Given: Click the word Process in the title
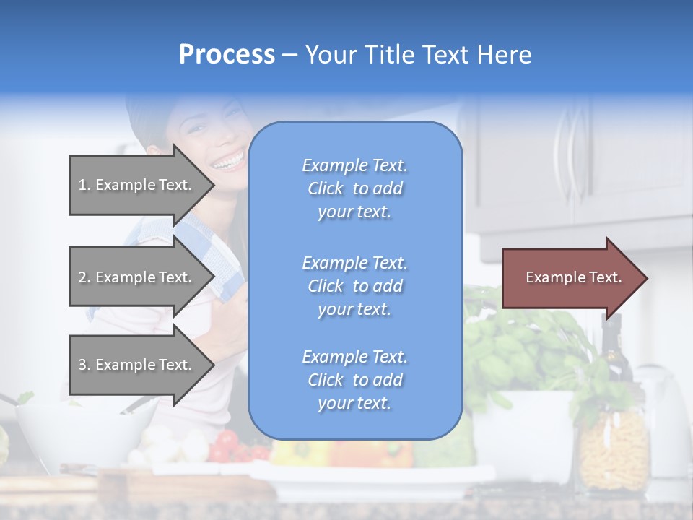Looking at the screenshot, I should pyautogui.click(x=227, y=55).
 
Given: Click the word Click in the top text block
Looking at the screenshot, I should pyautogui.click(x=325, y=188).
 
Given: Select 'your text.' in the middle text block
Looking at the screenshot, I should pyautogui.click(x=354, y=309).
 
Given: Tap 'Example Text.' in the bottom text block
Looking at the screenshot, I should pyautogui.click(x=354, y=357).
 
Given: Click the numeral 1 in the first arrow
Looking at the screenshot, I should pyautogui.click(x=82, y=185).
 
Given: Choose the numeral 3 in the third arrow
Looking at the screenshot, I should pyautogui.click(x=82, y=365).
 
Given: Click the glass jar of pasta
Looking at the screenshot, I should pyautogui.click(x=614, y=448).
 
